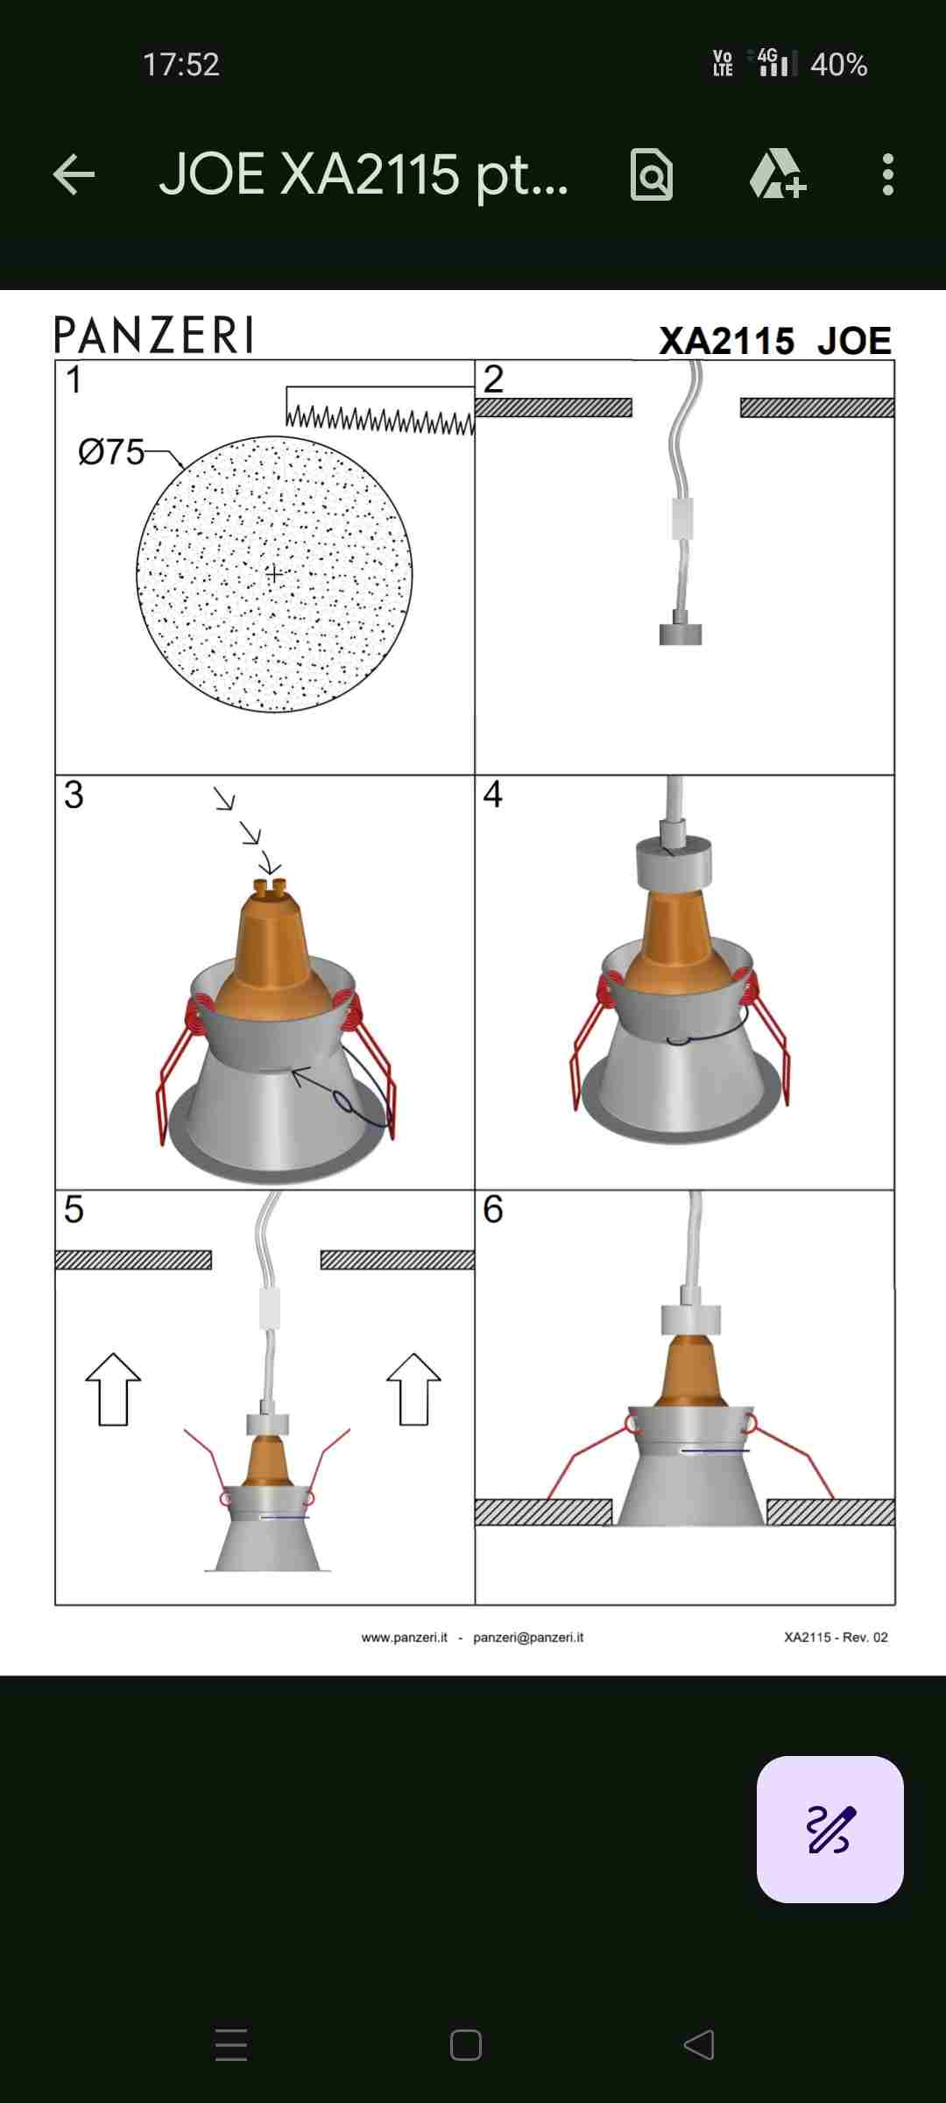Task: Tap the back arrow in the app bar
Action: [x=74, y=174]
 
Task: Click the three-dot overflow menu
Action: [x=888, y=174]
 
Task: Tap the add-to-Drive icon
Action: [x=778, y=173]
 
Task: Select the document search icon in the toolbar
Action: [x=652, y=174]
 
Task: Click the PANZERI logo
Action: [x=154, y=335]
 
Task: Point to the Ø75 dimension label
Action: [x=111, y=452]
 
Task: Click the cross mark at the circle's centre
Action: [x=274, y=574]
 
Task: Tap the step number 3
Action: [x=74, y=795]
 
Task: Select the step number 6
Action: [x=493, y=1209]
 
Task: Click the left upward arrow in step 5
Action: [x=113, y=1390]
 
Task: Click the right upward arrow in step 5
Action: [x=413, y=1390]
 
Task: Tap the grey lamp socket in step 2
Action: [x=681, y=629]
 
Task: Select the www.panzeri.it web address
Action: [x=405, y=1637]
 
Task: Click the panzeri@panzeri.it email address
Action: [x=528, y=1637]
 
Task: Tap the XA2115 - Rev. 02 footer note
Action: [x=836, y=1637]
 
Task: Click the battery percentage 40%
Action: [x=838, y=65]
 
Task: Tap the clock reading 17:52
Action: [x=181, y=65]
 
